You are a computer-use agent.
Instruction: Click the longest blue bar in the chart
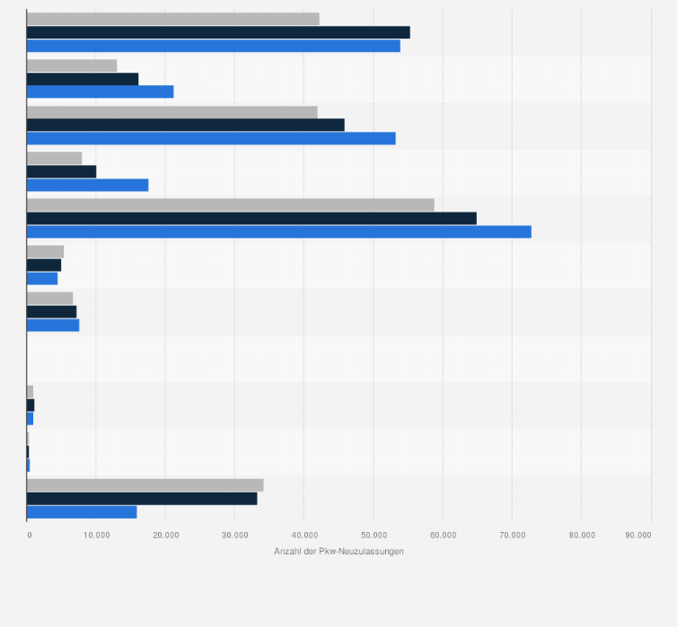[278, 231]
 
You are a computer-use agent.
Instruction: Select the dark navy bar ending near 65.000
[251, 218]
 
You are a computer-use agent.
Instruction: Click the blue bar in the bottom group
[82, 511]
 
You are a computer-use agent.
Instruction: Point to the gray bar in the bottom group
[145, 484]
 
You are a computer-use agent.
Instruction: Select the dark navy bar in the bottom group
[142, 498]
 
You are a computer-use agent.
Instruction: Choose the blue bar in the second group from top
[100, 91]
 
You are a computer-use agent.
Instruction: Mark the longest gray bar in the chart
[230, 205]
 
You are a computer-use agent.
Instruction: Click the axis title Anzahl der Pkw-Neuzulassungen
[338, 551]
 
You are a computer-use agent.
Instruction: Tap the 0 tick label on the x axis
[30, 536]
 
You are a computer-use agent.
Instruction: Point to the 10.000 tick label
[97, 536]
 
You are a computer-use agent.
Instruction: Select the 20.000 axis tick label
[166, 536]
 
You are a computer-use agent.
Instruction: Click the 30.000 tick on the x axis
[235, 536]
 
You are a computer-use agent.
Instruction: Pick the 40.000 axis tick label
[304, 536]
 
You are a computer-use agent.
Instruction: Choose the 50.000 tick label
[374, 536]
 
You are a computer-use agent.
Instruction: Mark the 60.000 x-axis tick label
[443, 536]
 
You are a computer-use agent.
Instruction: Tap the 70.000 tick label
[512, 536]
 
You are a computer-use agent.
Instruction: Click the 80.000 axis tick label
[581, 536]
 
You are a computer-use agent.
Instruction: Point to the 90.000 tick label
[638, 536]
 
